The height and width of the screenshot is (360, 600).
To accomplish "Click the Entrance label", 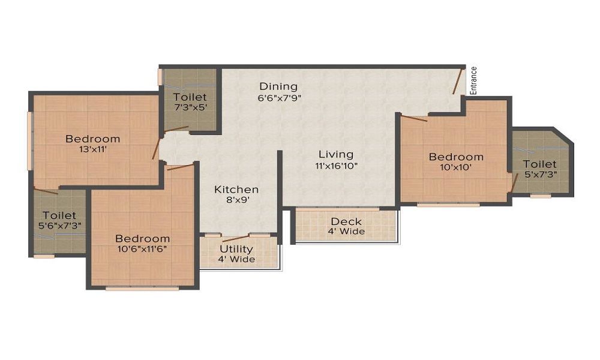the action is pos(474,81).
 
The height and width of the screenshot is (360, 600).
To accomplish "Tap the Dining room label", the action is pos(278,86).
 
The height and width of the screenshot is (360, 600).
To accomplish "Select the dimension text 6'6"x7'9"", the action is pos(280,98).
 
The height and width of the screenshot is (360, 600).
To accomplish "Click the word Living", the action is pos(337,155).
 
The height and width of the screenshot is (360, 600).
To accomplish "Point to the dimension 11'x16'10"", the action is pos(337,166).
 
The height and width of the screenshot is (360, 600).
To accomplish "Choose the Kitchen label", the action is pos(236,190).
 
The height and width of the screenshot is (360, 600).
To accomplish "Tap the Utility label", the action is pos(236,250).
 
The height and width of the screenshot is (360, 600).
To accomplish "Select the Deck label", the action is pos(346,221).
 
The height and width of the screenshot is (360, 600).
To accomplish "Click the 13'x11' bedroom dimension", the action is pos(93,149).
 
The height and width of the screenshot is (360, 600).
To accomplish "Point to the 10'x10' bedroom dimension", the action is pos(456,167).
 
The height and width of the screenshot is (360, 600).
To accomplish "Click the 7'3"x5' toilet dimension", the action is pos(190,108).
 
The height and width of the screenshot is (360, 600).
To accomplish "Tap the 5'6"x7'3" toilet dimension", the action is pos(59,226).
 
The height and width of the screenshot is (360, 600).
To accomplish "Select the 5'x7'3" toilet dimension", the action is pos(540,174).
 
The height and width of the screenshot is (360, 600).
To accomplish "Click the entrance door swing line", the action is pos(458,82).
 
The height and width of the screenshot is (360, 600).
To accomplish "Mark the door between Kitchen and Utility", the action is pos(236,238).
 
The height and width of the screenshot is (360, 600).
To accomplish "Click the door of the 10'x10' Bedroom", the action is pos(414,119).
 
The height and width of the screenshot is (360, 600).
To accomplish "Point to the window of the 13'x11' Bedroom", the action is pos(29,141).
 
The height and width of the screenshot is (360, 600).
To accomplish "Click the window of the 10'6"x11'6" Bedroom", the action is pos(142,289).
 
